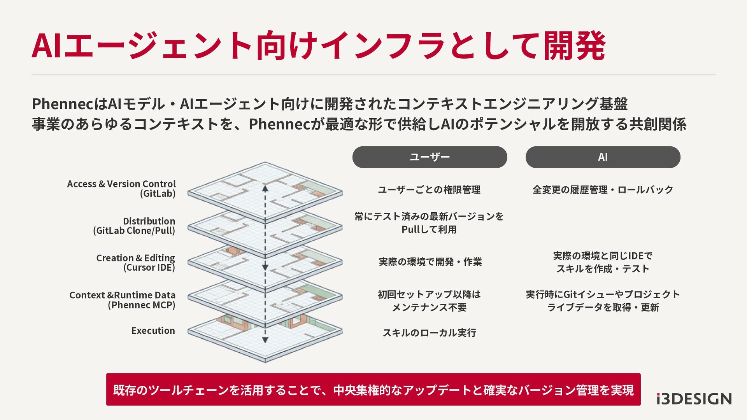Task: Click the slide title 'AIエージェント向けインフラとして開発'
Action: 318,46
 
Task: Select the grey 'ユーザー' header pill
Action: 430,157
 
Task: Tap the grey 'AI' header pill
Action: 603,157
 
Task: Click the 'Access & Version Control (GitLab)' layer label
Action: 121,189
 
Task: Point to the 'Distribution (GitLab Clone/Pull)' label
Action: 134,226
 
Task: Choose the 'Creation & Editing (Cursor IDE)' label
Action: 135,263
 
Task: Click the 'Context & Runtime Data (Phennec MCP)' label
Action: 122,300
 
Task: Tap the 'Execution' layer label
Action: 153,331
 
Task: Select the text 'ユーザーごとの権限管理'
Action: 429,190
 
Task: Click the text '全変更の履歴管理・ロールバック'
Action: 603,190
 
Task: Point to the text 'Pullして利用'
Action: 429,229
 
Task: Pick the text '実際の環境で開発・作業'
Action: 430,262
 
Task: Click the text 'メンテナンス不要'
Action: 429,308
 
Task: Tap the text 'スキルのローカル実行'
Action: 429,333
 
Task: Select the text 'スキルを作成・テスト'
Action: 603,269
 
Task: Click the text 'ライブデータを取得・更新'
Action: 603,308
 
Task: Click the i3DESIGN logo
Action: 694,399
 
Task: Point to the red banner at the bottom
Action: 373,390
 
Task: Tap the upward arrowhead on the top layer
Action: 265,189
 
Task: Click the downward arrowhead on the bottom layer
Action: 265,340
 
